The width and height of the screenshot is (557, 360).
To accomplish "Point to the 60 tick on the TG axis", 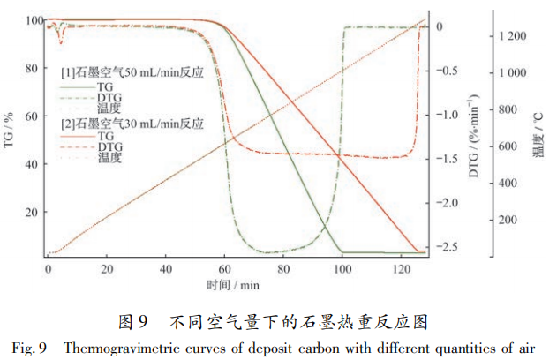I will pos(34,116).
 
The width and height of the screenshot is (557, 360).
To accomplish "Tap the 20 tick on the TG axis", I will pos(34,213).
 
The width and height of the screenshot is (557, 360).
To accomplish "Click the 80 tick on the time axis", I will pos(283,268).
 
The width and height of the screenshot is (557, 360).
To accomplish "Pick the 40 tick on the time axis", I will pos(166,268).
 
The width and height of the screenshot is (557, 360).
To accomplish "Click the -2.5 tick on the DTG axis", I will pos(449,246).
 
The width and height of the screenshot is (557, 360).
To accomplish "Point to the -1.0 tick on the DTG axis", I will pos(449,115).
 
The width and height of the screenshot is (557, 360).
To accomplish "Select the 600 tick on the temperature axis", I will pos(515,146).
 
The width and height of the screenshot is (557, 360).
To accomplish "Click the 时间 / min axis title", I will pos(233,284).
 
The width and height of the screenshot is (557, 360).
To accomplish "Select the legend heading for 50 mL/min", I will pos(132,72).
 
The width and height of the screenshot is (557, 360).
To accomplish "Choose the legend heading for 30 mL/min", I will pos(132,123).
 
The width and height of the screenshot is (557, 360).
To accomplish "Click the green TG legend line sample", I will pos(77,88).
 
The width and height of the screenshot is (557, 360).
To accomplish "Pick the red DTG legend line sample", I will pos(77,147).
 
